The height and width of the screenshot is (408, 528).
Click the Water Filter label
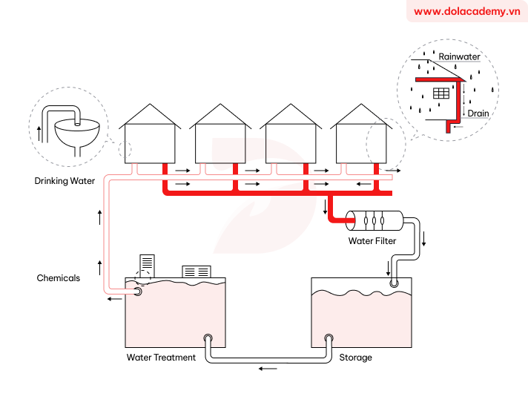point(372,241)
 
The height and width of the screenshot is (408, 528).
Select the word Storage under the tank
point(355,358)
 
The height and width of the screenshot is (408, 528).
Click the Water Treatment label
point(161,358)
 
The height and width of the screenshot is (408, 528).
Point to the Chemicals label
point(59,278)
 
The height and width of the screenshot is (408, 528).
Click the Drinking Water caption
point(65,181)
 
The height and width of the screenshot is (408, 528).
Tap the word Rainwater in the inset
point(459,56)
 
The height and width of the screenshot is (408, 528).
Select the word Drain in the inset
point(478,113)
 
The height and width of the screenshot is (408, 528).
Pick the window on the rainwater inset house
point(442,93)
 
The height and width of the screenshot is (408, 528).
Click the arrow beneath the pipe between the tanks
point(268,368)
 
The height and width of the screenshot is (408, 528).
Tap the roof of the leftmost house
point(149,114)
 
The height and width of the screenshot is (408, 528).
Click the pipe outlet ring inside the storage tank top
point(393,283)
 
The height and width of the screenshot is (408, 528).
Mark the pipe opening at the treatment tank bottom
point(208,339)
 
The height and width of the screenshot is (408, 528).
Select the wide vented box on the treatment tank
point(197,272)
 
